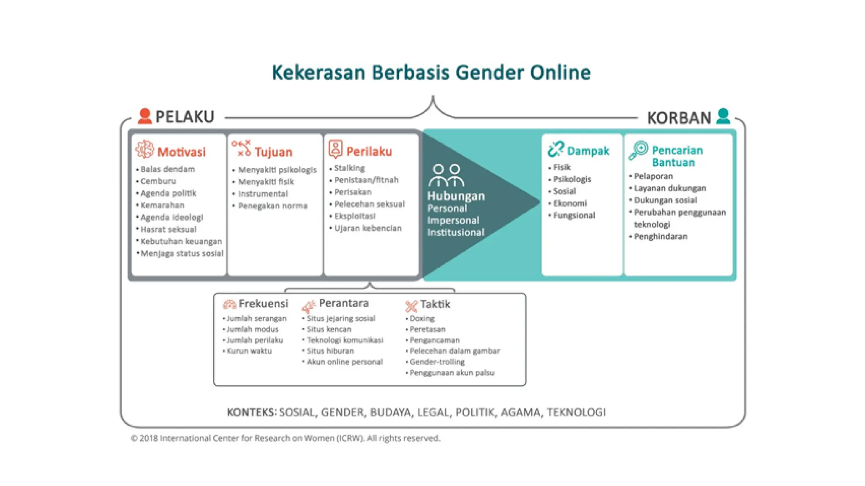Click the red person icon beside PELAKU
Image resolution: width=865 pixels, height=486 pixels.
click(145, 116)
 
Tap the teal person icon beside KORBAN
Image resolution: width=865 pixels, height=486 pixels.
click(723, 116)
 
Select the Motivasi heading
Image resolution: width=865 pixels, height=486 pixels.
click(181, 152)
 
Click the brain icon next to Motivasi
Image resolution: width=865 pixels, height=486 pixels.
click(144, 149)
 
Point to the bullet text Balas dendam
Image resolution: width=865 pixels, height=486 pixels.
click(168, 169)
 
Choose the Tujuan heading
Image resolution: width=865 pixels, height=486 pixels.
click(273, 152)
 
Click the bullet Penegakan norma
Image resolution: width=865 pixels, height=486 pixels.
click(272, 206)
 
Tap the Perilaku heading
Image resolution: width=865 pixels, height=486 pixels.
click(369, 151)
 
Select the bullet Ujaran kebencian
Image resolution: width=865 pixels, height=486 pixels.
click(368, 228)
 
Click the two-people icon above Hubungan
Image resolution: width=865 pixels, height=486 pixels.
click(446, 175)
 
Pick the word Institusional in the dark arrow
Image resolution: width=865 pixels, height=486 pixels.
click(456, 232)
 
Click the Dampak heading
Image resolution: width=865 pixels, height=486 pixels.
click(588, 151)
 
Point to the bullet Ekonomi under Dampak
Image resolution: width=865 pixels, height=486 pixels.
click(570, 203)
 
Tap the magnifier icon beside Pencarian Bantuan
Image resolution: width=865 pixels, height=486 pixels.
click(638, 150)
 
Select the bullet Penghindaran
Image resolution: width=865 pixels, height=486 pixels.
click(661, 237)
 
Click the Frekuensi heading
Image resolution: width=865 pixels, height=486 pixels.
click(263, 303)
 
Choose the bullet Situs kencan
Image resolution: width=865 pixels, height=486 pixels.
click(329, 329)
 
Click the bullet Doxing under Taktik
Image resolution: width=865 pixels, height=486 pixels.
click(422, 319)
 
